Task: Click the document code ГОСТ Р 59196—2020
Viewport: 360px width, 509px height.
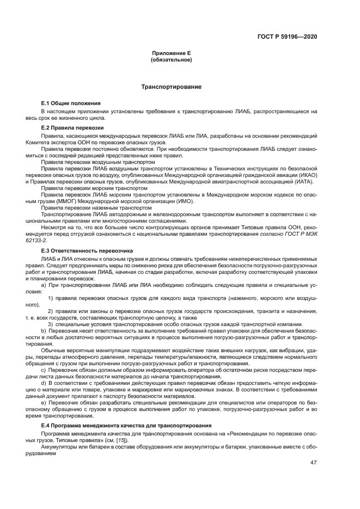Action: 287,37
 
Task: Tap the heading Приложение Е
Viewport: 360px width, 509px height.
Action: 171,53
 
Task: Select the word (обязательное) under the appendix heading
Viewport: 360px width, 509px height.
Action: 171,60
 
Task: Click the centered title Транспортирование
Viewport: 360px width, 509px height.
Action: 171,87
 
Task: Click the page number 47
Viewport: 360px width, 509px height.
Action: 313,463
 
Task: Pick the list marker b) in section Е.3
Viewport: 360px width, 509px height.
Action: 44,330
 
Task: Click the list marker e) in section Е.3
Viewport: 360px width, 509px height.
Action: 44,402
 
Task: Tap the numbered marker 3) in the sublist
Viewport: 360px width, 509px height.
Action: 50,324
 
